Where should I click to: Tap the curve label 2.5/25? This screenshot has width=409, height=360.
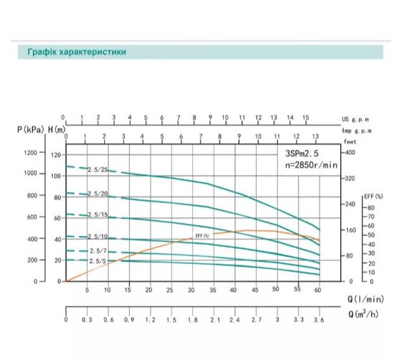coord(98,170)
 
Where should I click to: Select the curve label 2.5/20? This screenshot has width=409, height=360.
coord(98,194)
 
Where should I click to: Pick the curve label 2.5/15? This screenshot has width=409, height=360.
coord(98,215)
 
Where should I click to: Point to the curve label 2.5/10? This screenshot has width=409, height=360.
coord(98,237)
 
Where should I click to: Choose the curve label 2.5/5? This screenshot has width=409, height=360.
coord(98,261)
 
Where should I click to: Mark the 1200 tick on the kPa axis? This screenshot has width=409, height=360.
coord(30,153)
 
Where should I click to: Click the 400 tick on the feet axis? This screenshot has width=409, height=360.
coord(349,153)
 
